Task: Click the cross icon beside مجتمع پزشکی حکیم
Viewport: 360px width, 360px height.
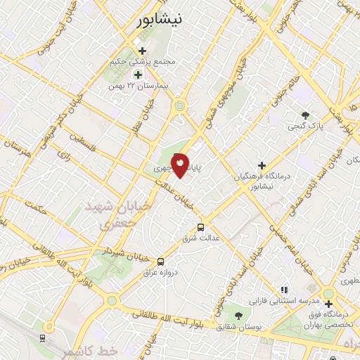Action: (x=143, y=51)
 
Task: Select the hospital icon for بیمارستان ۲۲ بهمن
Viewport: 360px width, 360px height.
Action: (x=138, y=74)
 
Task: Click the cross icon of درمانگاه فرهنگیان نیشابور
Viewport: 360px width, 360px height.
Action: (x=262, y=165)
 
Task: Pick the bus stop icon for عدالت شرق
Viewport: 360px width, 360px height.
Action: (x=201, y=227)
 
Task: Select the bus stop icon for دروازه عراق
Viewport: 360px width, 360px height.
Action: (x=161, y=260)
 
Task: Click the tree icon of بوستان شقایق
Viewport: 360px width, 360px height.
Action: (x=238, y=316)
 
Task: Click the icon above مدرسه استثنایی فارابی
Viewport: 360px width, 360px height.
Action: (x=284, y=289)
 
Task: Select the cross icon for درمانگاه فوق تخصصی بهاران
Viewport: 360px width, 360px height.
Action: (x=328, y=304)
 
